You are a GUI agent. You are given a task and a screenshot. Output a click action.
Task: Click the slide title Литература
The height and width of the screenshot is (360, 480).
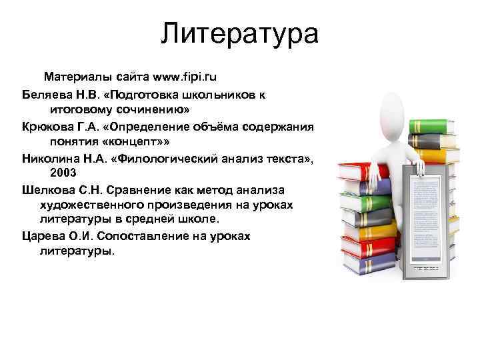coord(239,33)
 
